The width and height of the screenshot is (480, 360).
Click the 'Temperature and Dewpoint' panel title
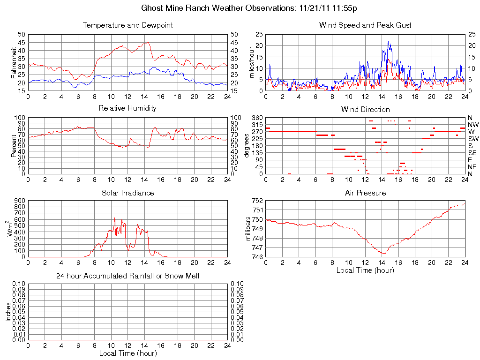[127, 25]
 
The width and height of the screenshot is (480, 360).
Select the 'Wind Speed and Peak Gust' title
[365, 25]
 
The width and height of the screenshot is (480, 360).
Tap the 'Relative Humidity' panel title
[127, 108]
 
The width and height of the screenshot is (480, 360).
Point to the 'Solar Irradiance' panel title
[127, 193]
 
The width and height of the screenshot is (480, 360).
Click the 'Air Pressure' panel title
[365, 193]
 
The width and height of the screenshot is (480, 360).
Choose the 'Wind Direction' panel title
[365, 110]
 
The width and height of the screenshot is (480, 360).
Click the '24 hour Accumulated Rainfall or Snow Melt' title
[127, 276]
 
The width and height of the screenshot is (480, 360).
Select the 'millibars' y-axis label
[248, 229]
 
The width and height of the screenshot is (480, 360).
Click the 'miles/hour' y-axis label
[252, 63]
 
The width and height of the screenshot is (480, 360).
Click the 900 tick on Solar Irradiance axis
[20, 201]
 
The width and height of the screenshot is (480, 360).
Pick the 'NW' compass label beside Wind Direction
[472, 125]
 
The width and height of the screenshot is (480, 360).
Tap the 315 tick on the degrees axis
[257, 125]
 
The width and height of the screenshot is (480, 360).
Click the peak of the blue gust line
[388, 42]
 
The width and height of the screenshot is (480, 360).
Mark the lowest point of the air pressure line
[383, 254]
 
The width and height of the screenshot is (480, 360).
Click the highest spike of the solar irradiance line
[114, 217]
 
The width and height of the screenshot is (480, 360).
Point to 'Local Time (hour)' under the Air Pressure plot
[365, 270]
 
